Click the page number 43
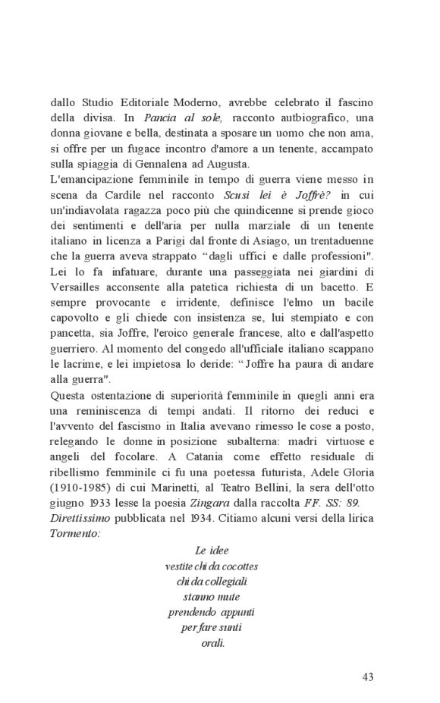point(368,677)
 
